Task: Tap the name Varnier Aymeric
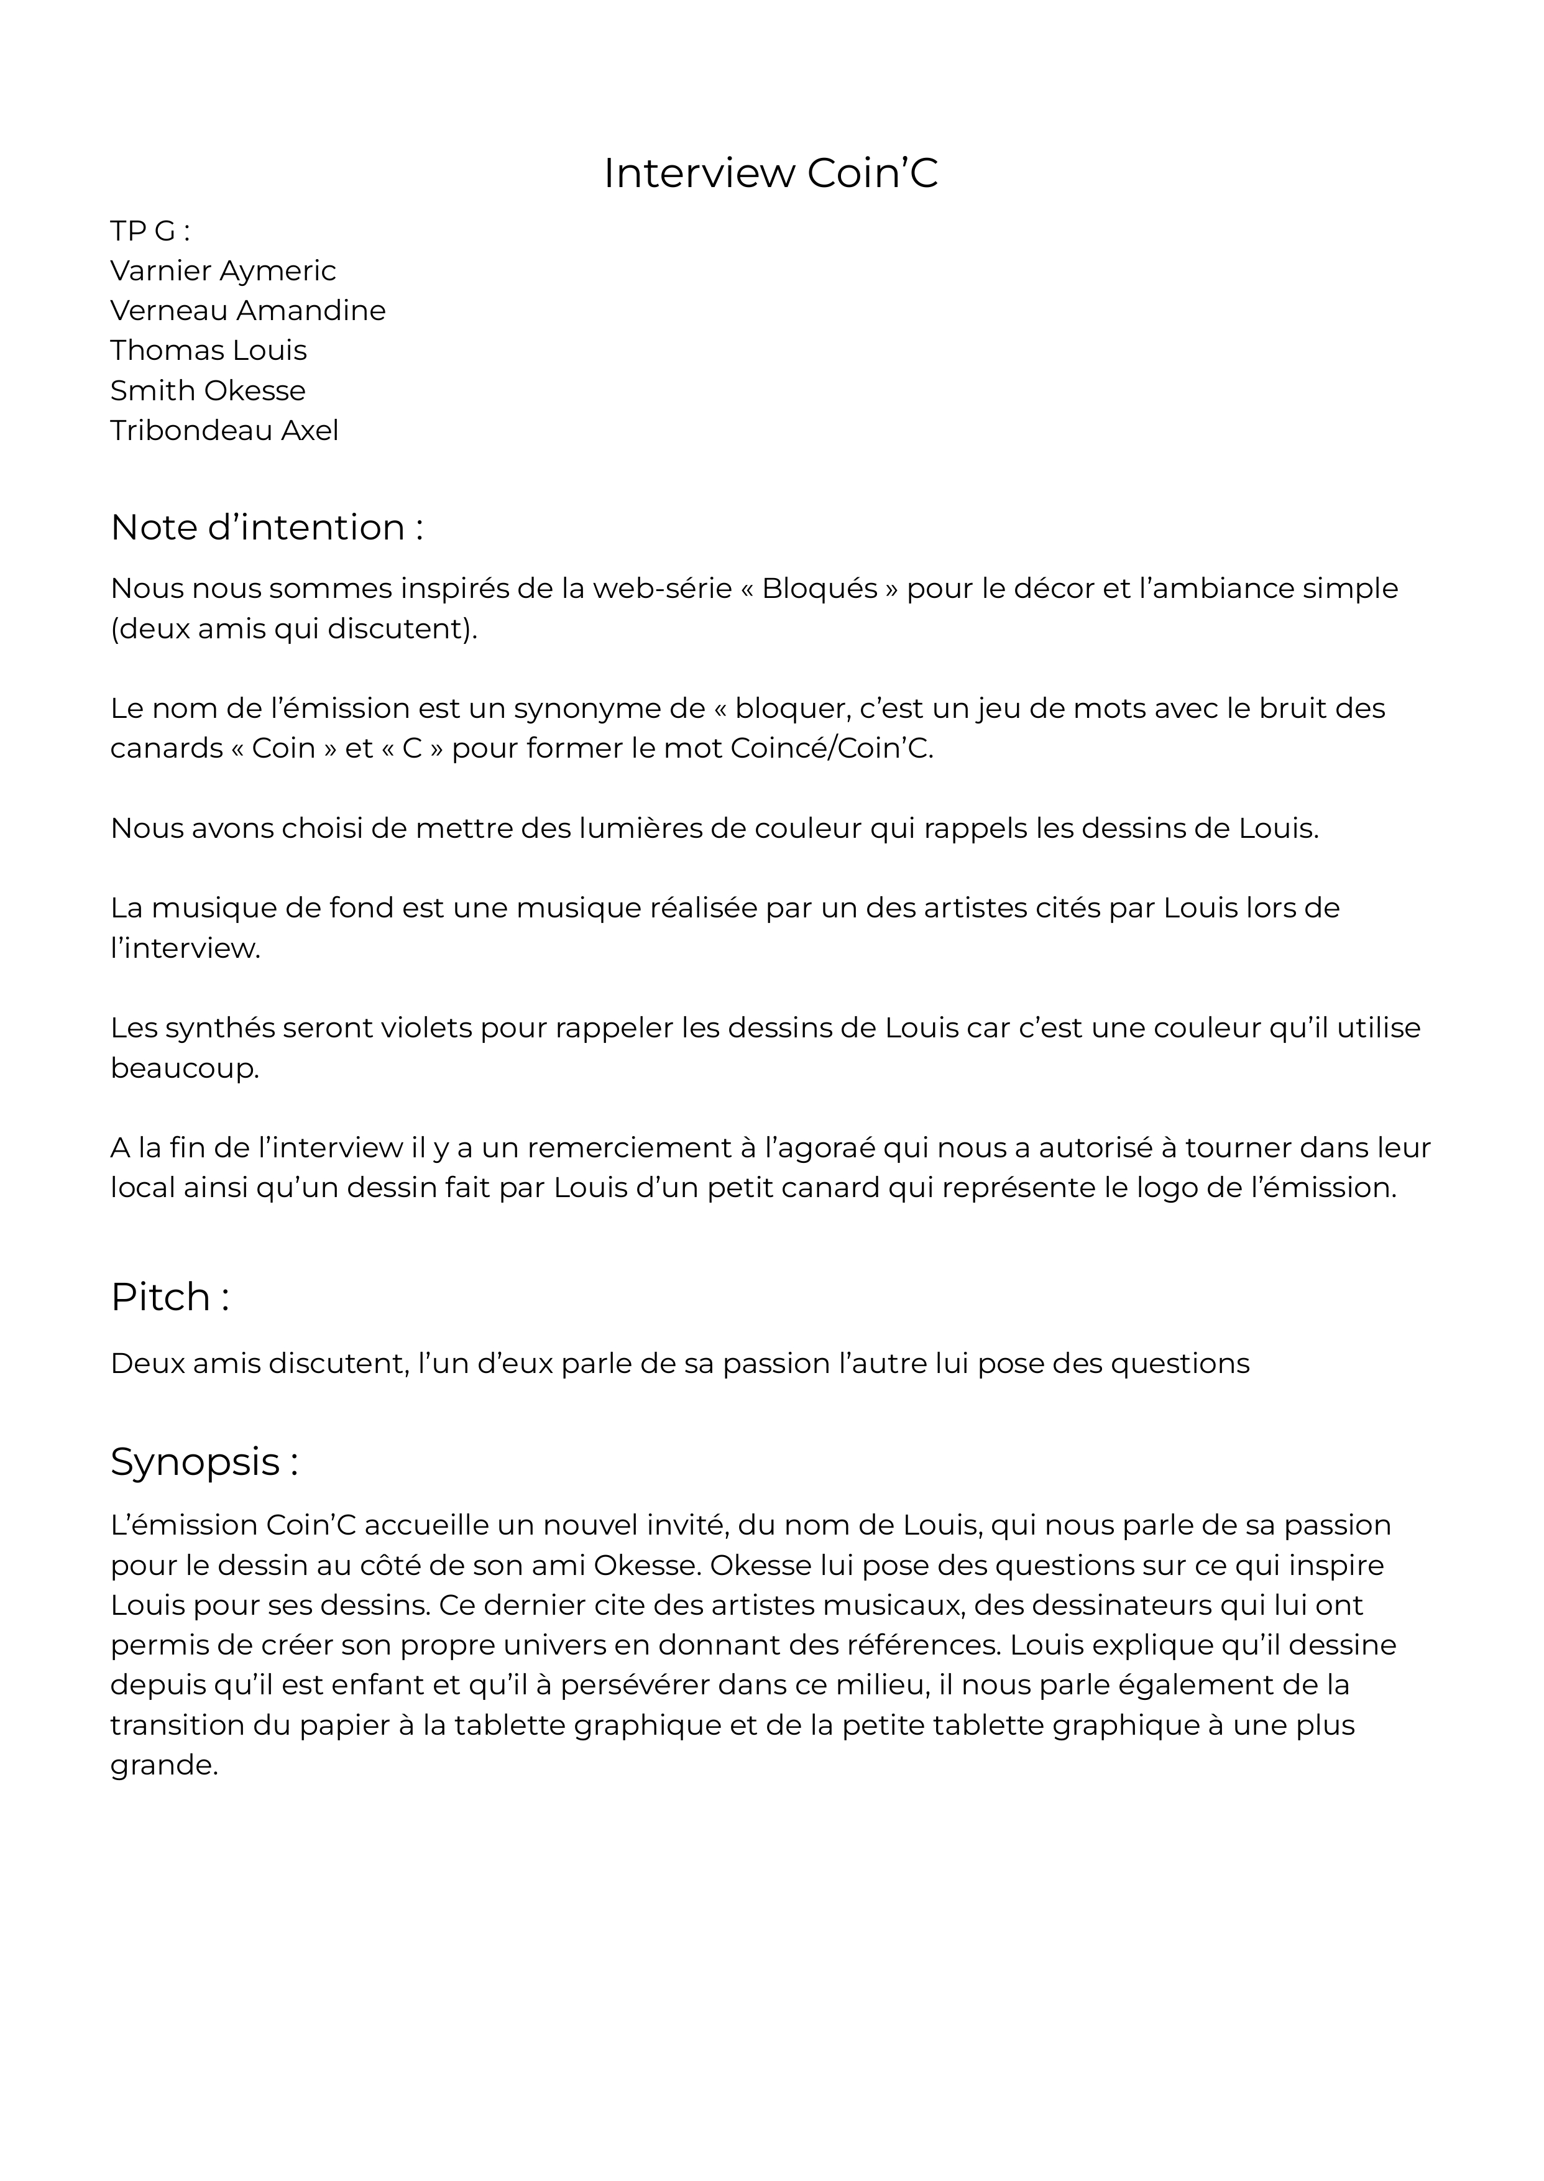[x=223, y=271]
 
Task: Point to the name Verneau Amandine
[x=247, y=311]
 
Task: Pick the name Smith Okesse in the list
[x=207, y=391]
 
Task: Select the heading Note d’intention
[x=266, y=528]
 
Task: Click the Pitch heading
[x=169, y=1297]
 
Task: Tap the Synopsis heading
[x=203, y=1461]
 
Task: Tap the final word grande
[x=163, y=1766]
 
